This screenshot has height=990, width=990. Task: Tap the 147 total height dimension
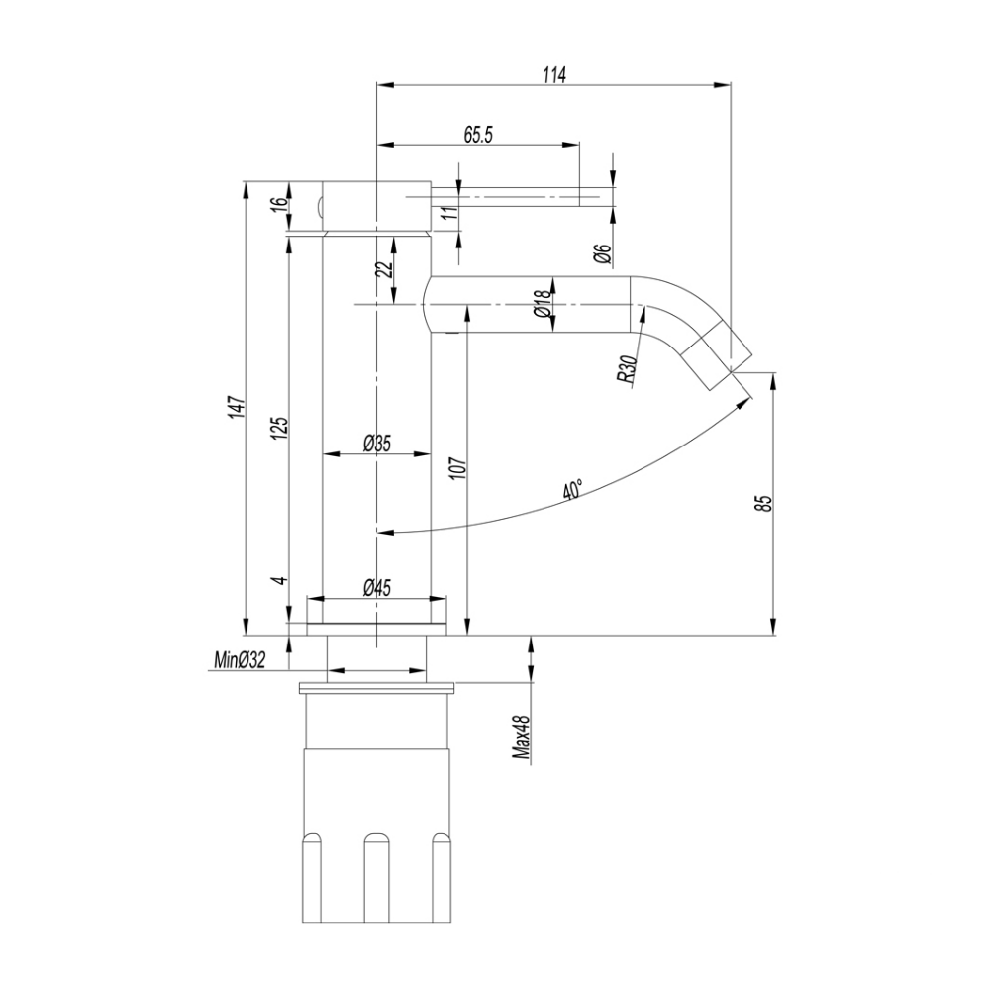tap(236, 409)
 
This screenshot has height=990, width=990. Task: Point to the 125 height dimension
tap(280, 427)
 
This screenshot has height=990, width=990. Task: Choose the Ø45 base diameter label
tap(376, 588)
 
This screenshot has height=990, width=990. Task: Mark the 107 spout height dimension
tap(457, 467)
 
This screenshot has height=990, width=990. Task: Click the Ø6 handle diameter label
tap(603, 253)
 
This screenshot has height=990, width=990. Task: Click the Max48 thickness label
tap(521, 739)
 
